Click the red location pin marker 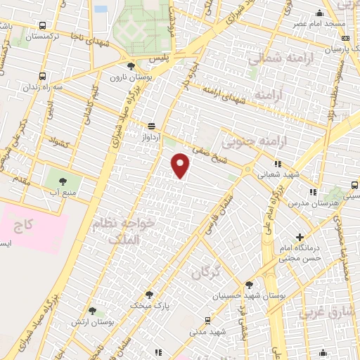tap(181, 165)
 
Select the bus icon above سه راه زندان tap(44, 76)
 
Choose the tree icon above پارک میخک tap(149, 294)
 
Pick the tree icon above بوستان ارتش tap(93, 310)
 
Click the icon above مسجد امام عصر tap(320, 13)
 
